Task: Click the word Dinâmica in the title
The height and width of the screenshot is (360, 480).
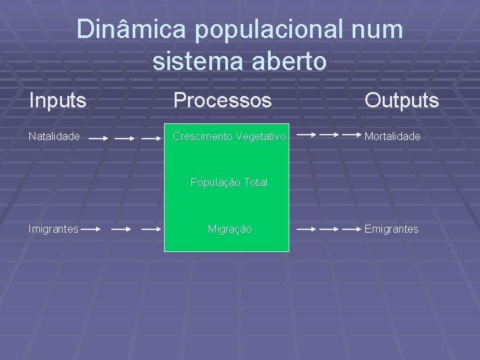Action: point(125,30)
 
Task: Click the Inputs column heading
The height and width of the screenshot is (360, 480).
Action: point(58,101)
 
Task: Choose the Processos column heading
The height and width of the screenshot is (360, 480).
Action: point(223,101)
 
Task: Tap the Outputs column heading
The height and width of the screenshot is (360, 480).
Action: point(401,101)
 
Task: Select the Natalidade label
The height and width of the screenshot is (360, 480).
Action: point(54,137)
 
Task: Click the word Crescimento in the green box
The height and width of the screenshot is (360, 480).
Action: point(201,137)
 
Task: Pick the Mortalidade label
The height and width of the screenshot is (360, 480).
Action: point(392,137)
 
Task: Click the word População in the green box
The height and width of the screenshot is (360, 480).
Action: point(213,182)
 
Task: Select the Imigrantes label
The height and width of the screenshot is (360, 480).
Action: point(53,229)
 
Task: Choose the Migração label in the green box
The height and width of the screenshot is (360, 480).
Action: point(229,229)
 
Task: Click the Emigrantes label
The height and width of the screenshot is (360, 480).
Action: point(391,229)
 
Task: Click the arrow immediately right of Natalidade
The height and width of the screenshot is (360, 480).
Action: point(98,139)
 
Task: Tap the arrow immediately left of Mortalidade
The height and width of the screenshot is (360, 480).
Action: point(349,135)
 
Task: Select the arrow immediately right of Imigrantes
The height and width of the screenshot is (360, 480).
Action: point(91,229)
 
